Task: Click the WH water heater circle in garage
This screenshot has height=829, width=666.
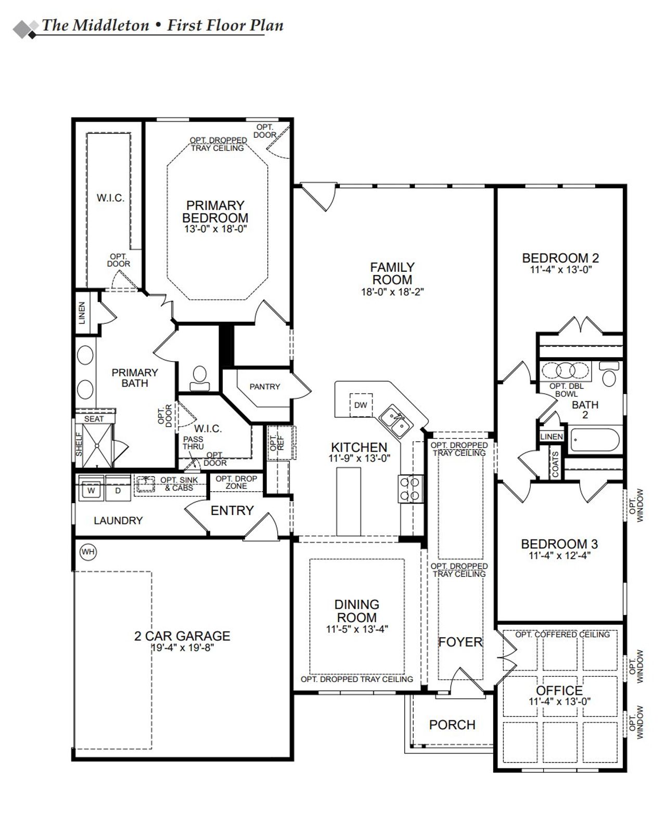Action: coord(88,552)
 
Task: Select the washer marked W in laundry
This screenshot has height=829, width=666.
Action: coord(91,490)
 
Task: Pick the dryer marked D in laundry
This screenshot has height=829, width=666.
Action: coord(118,490)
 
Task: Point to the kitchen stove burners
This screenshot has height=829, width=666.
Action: coord(409,489)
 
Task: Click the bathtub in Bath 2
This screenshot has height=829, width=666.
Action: coord(596,440)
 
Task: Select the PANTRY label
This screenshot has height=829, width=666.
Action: coord(264,387)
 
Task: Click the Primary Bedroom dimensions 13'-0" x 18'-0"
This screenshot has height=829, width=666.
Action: coord(215,229)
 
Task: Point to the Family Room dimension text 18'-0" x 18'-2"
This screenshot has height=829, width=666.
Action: coord(392,292)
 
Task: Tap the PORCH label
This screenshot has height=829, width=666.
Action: coord(452,725)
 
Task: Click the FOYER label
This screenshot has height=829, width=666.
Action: coord(460,642)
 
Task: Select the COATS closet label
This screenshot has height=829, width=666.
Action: coord(555,464)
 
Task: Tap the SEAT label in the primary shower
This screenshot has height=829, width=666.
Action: coord(94,418)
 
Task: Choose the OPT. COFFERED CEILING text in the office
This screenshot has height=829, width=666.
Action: coord(562,635)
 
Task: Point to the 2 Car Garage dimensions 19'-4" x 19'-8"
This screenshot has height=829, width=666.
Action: coord(183,648)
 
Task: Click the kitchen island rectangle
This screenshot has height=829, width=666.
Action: coord(349,501)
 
